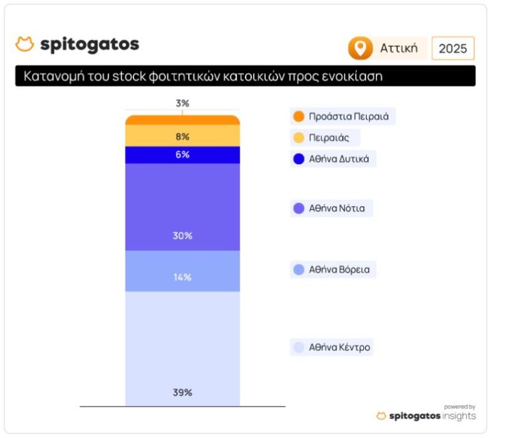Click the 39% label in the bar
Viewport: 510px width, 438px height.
(x=183, y=392)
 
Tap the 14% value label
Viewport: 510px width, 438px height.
(x=183, y=276)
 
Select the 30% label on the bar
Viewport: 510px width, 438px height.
(x=183, y=235)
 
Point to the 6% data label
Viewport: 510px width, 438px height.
(x=183, y=154)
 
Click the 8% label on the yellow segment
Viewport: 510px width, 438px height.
(x=183, y=136)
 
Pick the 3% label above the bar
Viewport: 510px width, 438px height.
(x=183, y=103)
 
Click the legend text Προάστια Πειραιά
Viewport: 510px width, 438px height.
(x=349, y=116)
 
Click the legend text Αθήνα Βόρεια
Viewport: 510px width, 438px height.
(x=339, y=269)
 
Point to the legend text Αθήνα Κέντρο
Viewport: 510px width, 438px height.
(x=339, y=347)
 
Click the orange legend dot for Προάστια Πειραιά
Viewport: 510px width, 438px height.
(x=299, y=116)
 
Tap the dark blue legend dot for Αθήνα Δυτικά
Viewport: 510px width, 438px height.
(x=299, y=159)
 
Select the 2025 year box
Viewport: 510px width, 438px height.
(x=453, y=49)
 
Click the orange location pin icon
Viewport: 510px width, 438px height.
(x=360, y=49)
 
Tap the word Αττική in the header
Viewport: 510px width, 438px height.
(x=399, y=49)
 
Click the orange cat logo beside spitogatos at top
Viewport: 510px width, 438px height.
(x=25, y=45)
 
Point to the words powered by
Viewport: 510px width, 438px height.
(x=460, y=407)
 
